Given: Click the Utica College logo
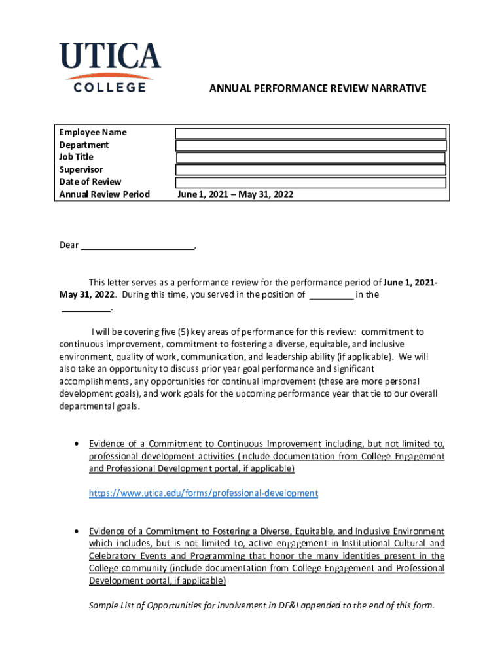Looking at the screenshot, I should tap(109, 67).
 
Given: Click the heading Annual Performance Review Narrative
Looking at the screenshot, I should tap(317, 88).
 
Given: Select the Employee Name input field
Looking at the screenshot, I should tap(311, 133).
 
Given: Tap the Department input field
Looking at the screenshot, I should tap(311, 146).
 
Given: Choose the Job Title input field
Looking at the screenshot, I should tap(311, 158).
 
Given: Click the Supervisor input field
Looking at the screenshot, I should tap(311, 170).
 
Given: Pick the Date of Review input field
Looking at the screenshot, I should tap(311, 183).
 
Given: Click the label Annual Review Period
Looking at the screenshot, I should tap(104, 194).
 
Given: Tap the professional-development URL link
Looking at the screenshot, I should tap(204, 493).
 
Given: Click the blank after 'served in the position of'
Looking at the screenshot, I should tap(331, 296).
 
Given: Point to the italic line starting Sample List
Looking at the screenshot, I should tap(261, 605).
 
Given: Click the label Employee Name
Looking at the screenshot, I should tap(93, 133).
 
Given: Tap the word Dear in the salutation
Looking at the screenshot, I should tap(69, 246).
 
